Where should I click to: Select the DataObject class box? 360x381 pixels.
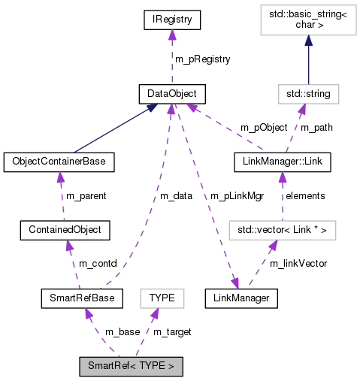coord(172,94)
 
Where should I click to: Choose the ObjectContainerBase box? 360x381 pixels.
coord(59,161)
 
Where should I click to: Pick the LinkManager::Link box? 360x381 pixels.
coord(281,161)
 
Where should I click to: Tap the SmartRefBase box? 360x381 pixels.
coord(77,298)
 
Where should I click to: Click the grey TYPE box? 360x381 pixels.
coord(162,298)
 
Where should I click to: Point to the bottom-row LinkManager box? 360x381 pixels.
coord(241,298)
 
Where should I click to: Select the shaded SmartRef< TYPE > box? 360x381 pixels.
coord(131,367)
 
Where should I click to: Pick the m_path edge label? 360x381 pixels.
coord(316,127)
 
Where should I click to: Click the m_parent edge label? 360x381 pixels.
coord(86,195)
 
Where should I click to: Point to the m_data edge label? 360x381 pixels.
coord(177,195)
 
